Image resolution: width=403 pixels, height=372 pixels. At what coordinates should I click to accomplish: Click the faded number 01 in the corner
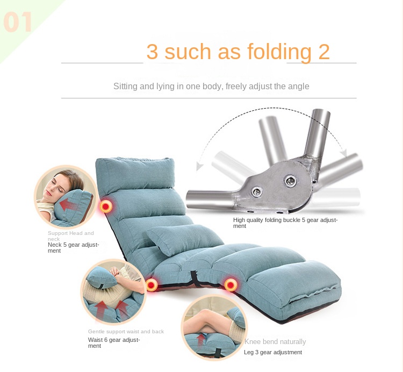[18, 22]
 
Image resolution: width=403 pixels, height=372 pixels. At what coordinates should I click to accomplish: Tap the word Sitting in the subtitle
[125, 87]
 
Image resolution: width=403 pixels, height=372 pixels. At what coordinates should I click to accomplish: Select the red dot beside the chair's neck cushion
[106, 206]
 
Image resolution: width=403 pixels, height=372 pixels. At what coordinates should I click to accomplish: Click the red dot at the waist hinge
[152, 285]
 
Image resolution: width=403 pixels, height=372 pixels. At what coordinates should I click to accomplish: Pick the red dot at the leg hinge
[231, 285]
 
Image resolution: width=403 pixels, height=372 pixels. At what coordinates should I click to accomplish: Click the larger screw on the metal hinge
[290, 181]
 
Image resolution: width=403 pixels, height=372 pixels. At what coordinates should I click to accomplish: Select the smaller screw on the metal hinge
[257, 191]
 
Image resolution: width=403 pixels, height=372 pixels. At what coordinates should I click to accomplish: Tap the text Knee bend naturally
[275, 342]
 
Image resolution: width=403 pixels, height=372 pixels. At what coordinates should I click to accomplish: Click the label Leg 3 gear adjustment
[273, 352]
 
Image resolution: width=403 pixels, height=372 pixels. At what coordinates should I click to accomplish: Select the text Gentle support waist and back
[126, 332]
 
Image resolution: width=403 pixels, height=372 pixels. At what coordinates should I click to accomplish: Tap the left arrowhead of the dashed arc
[198, 167]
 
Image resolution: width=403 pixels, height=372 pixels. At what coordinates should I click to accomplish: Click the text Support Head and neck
[71, 236]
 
